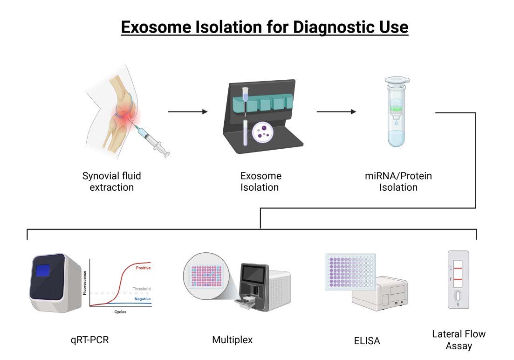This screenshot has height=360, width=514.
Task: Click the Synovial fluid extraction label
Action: [x=111, y=182]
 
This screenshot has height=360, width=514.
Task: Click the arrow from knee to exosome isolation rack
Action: [x=187, y=112]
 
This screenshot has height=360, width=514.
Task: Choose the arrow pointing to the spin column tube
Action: [x=336, y=112]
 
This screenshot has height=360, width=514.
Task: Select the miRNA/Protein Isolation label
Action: [x=398, y=182]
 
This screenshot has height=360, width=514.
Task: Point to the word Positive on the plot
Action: [x=143, y=268]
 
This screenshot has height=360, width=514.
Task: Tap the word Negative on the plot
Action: [x=142, y=298]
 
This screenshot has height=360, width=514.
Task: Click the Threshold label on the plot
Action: [x=142, y=289]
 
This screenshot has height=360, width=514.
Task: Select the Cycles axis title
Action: [x=120, y=312]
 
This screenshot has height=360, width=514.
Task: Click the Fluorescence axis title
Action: [x=84, y=283]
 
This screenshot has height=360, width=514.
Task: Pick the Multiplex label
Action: [x=232, y=339]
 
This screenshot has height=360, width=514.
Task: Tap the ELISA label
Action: [x=367, y=341]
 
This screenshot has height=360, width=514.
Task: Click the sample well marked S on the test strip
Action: [x=458, y=296]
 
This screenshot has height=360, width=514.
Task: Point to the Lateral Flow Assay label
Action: [x=459, y=340]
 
